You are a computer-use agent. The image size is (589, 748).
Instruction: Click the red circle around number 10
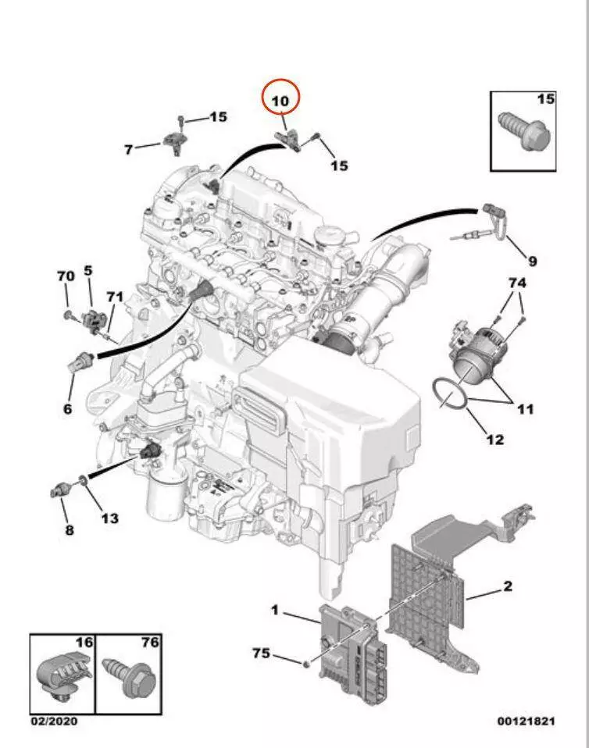click(280, 99)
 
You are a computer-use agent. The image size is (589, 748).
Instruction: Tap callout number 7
click(129, 148)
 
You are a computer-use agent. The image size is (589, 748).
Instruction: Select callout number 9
click(532, 261)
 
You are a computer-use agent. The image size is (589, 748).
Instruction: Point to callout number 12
click(495, 439)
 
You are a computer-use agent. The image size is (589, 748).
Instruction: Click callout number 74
click(517, 282)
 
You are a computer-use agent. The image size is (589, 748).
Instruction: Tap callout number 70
click(66, 276)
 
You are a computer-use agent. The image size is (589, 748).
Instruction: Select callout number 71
click(115, 296)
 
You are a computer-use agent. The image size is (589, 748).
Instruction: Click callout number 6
click(67, 408)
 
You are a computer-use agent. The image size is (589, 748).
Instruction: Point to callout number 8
click(69, 530)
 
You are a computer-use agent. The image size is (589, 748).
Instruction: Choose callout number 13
click(109, 518)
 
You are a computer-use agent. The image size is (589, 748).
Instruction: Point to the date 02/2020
click(54, 721)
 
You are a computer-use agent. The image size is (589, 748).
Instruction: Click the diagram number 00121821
click(526, 721)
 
